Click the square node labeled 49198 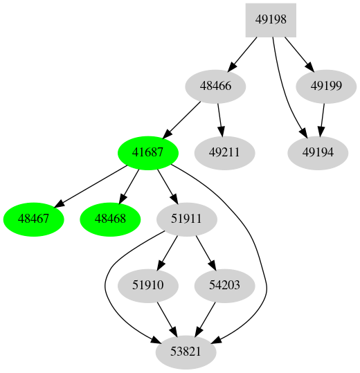tap(271, 19)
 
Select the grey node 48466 tap(216, 87)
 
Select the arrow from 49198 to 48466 tap(244, 53)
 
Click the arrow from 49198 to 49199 tap(298, 53)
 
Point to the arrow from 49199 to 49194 tap(323, 120)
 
